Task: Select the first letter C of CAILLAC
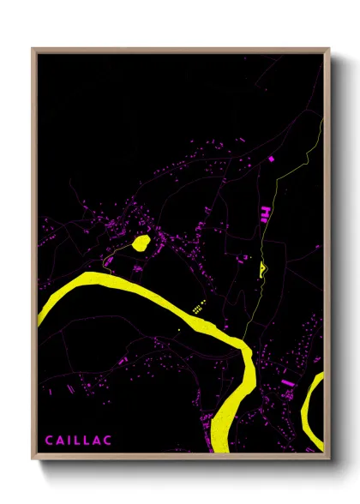(48, 441)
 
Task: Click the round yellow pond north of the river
(141, 243)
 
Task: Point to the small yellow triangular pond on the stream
(261, 267)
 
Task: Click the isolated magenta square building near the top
(271, 159)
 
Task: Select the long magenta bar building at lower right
(287, 381)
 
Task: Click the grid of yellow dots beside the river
(197, 308)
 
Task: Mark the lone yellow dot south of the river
(179, 330)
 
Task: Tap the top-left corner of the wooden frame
(33, 50)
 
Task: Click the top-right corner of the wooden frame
(328, 50)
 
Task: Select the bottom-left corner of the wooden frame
(33, 459)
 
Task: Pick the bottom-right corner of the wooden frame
(328, 459)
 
